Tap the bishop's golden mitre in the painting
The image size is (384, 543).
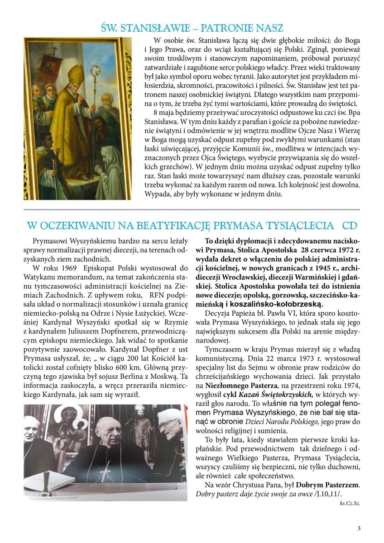(x=76, y=74)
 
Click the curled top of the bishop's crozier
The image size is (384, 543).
(x=96, y=72)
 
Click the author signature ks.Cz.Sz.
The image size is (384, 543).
(x=350, y=503)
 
